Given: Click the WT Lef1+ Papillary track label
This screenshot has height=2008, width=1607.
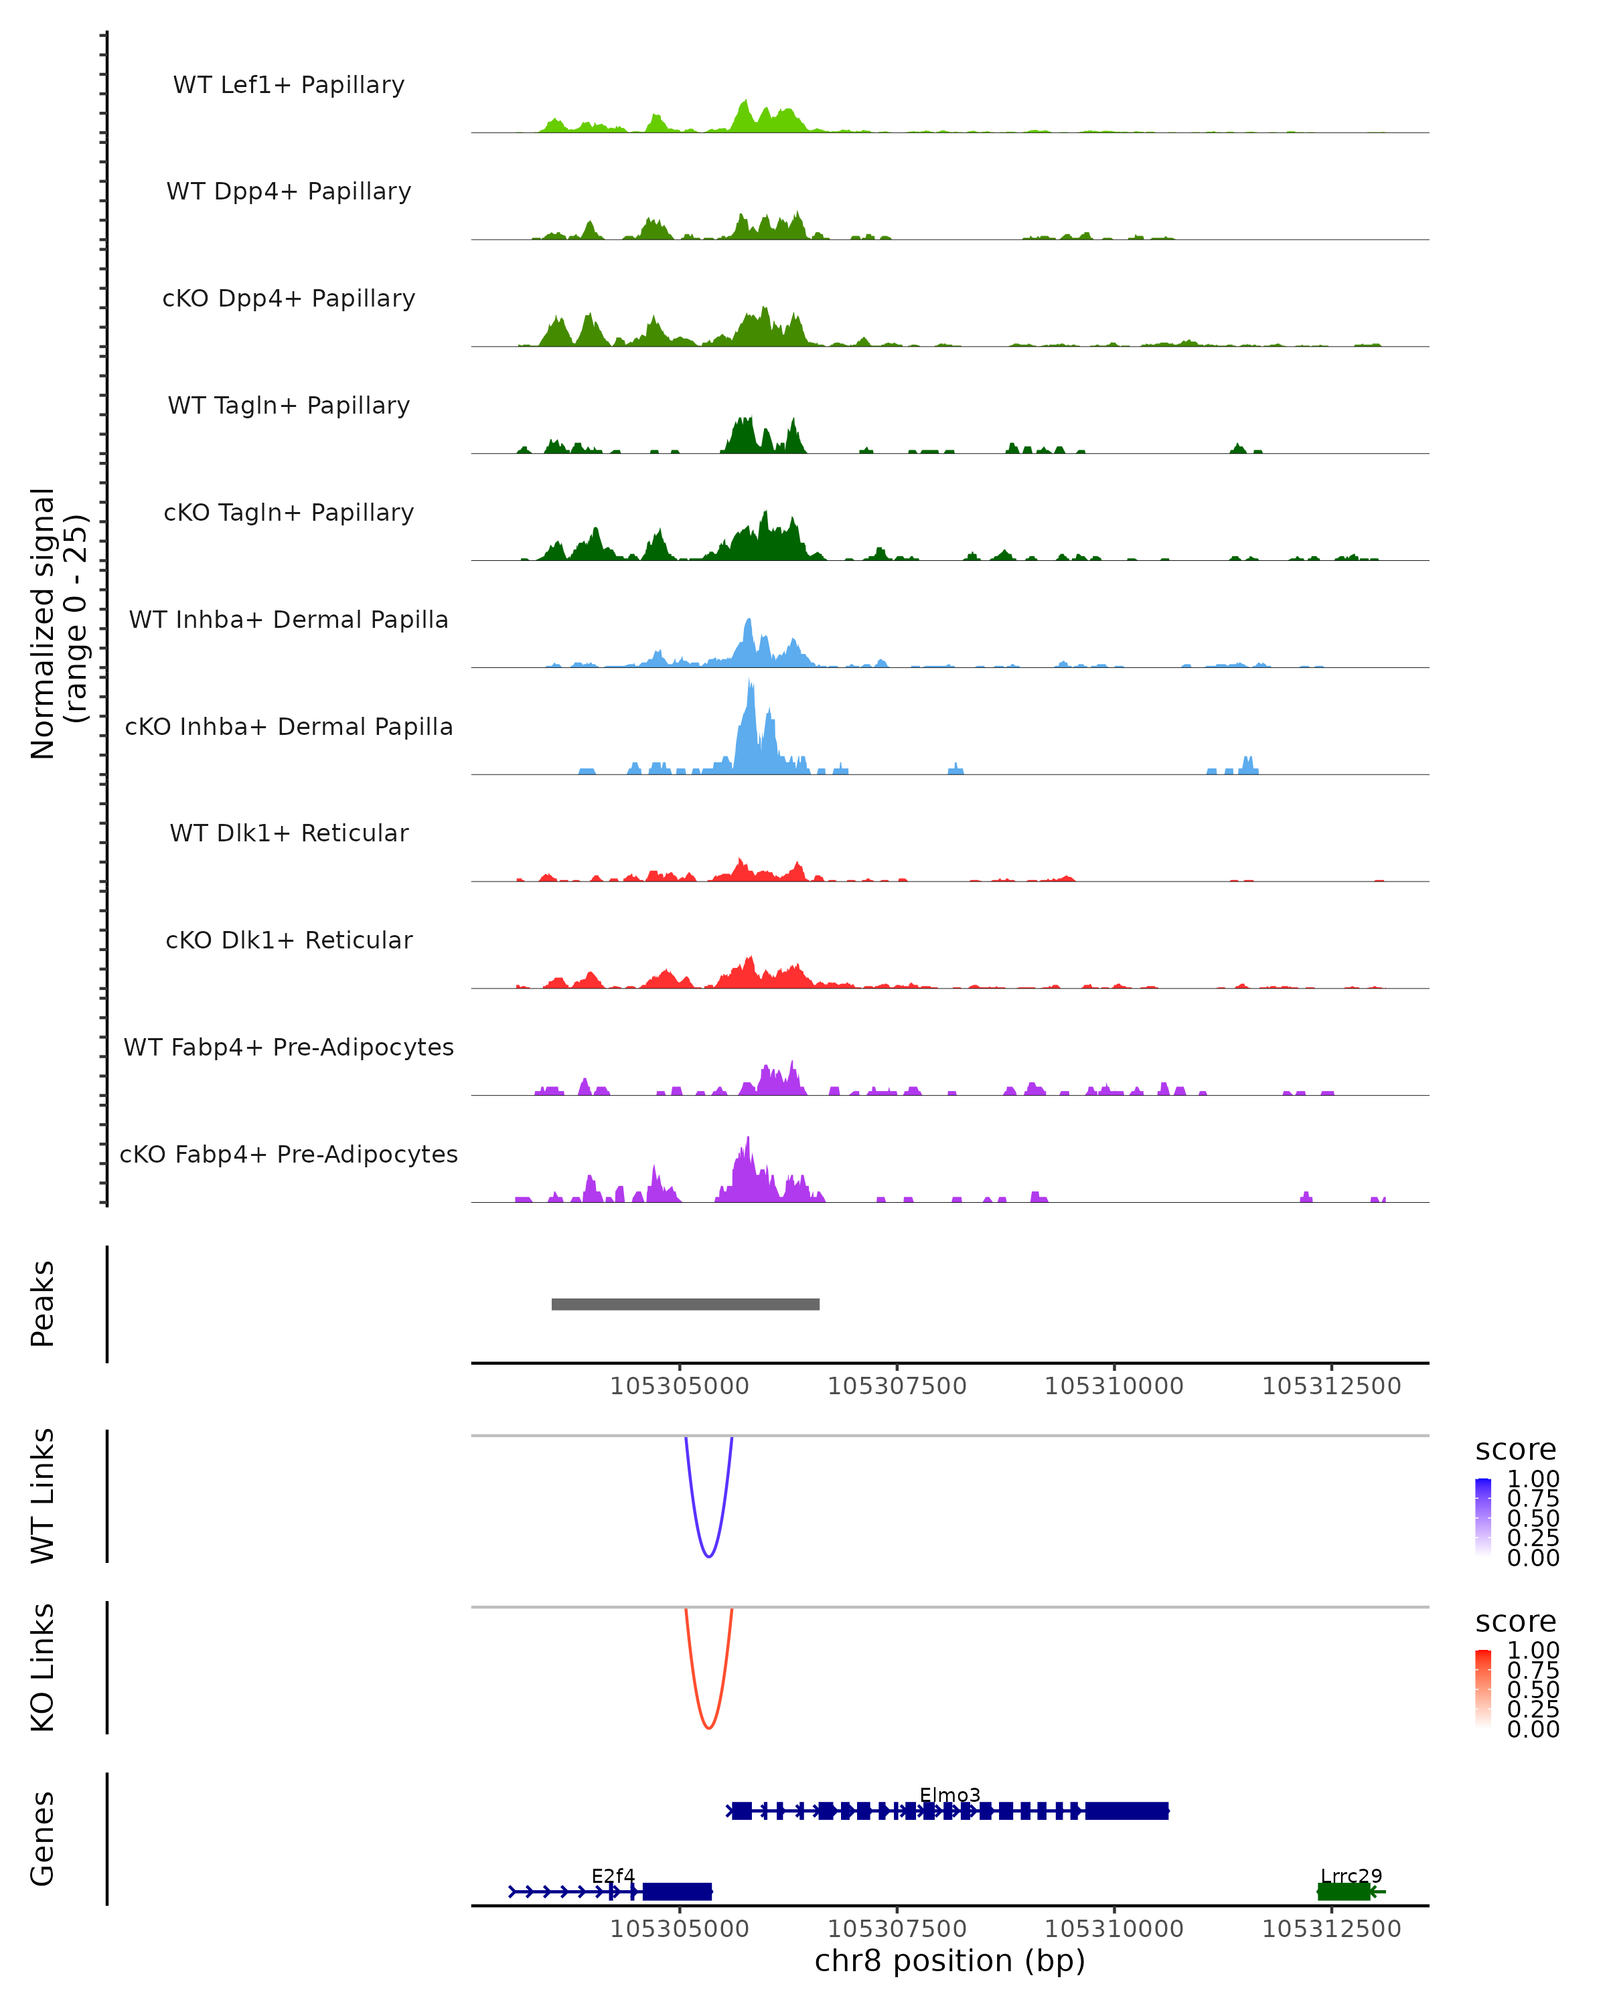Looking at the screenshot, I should pos(289,85).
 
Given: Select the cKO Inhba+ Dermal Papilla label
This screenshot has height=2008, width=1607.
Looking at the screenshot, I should pos(289,726).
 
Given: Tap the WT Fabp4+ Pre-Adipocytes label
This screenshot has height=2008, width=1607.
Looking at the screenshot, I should pos(289,1047).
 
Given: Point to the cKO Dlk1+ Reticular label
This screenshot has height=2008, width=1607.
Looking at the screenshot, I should pos(289,940).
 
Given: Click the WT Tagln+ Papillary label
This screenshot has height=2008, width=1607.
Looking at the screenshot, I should pos(289,405).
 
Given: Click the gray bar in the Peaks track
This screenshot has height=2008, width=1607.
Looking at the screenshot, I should pos(685,1304).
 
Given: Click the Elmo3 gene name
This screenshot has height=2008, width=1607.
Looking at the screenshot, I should pos(949,1794).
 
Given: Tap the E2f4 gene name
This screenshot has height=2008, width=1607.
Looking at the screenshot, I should pos(613,1875).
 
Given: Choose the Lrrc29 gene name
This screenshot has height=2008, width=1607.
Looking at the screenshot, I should pos(1351,1875).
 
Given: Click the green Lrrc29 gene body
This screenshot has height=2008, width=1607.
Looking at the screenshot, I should pos(1343,1892).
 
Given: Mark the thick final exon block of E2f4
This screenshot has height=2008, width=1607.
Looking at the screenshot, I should pos(677,1892).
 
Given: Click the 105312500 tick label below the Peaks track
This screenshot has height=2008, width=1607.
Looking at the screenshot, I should pos(1331,1386).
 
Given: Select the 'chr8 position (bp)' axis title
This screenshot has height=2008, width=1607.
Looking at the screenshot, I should pos(949,1961).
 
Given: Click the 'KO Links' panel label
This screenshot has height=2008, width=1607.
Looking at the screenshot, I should pos(43,1668).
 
